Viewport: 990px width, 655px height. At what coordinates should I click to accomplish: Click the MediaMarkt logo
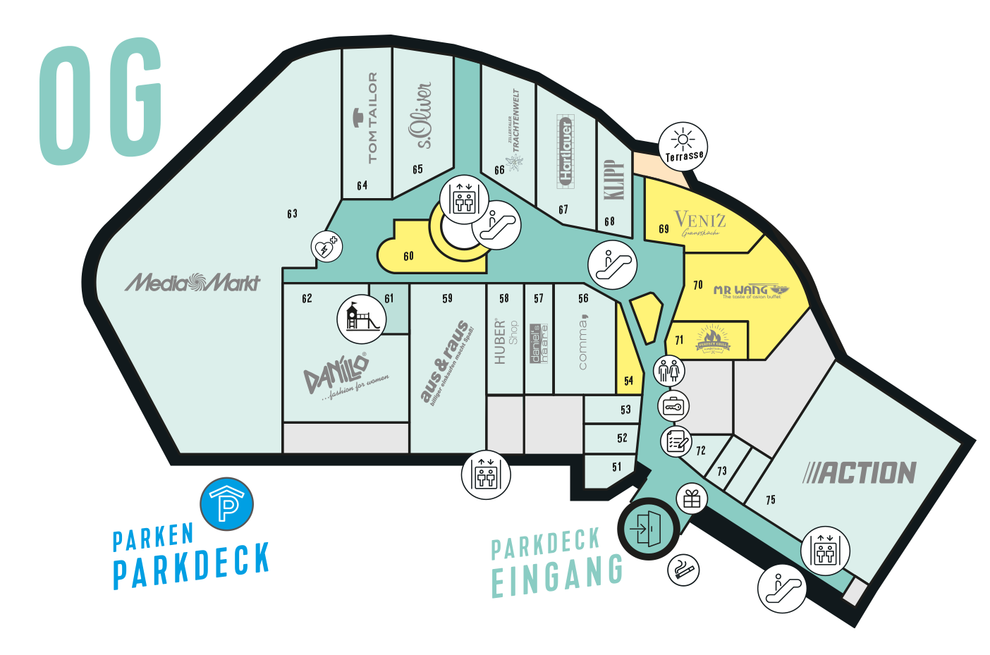coord(192,283)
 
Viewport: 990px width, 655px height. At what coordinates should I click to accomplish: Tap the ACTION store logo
coord(860,472)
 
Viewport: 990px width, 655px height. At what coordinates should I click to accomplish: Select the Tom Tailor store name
coord(372,117)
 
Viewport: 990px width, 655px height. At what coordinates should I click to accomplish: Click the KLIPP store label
coord(614,179)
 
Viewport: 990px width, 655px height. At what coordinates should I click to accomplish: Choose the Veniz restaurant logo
coord(699,223)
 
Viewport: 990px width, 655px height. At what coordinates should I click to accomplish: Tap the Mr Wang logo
coord(750,290)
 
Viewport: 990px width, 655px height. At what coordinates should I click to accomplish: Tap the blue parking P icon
coord(226,504)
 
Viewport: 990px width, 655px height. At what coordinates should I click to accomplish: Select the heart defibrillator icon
coord(326,247)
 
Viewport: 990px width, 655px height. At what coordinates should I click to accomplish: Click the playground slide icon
coord(362,318)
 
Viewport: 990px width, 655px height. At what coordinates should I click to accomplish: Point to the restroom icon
coord(668,369)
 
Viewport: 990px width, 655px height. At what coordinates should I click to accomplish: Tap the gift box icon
coord(692,498)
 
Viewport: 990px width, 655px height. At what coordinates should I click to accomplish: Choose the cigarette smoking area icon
coord(683,569)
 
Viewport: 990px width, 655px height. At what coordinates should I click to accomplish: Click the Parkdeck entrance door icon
coord(647,528)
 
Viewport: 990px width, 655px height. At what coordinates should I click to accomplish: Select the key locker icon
coord(673,406)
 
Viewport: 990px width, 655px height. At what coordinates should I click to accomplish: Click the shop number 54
coord(628,381)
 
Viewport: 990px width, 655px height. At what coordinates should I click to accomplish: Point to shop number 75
coord(770,500)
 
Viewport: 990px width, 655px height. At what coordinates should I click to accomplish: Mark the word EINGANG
coord(556,576)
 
